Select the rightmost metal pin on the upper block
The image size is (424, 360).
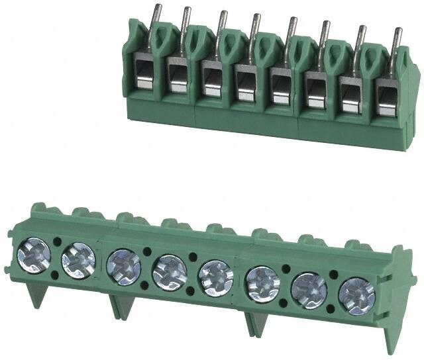397,40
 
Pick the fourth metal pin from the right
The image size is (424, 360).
291,28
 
